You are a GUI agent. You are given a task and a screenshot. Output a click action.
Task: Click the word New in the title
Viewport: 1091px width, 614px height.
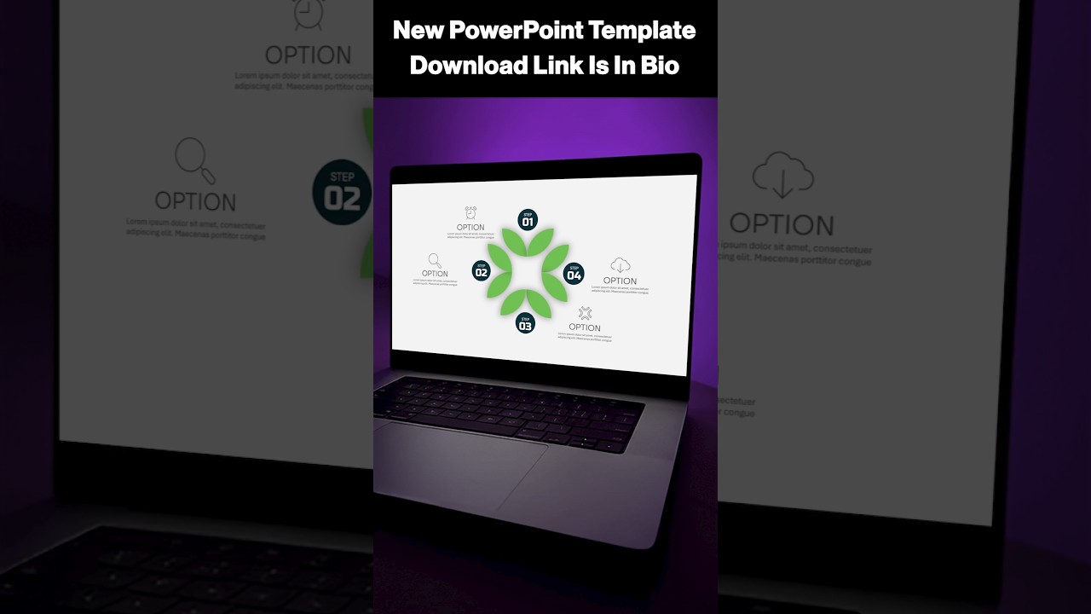[x=419, y=32]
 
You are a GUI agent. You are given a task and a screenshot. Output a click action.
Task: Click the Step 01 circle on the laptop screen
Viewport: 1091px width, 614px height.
[x=528, y=220]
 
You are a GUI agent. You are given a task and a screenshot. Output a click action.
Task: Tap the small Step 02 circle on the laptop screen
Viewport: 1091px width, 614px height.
[x=482, y=271]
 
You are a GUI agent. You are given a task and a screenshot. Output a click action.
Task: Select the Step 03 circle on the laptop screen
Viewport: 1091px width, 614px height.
[x=525, y=323]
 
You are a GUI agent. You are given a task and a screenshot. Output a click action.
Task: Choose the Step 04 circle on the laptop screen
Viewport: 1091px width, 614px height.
[x=574, y=274]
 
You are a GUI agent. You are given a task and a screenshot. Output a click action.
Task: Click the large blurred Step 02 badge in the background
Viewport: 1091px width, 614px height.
[x=343, y=193]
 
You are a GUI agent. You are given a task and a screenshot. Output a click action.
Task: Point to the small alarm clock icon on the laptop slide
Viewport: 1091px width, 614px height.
[x=470, y=212]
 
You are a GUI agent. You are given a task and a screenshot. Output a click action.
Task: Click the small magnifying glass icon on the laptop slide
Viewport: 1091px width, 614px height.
[x=435, y=260]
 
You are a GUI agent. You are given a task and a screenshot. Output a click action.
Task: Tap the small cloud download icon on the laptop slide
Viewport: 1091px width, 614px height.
[x=621, y=265]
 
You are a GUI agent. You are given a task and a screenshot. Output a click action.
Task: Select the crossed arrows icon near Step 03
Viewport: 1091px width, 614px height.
[x=585, y=313]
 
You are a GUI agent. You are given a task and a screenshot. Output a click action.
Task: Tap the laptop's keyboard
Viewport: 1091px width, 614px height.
[x=511, y=409]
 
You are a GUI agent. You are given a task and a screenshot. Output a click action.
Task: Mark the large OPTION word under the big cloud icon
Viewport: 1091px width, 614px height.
[x=782, y=224]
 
